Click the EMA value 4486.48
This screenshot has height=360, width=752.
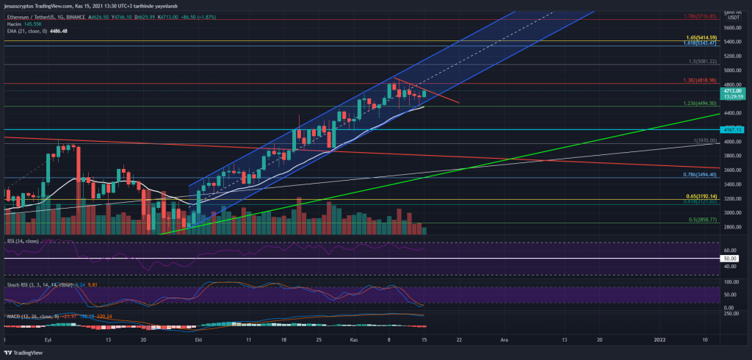coord(57,31)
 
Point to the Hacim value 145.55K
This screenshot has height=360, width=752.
coord(35,24)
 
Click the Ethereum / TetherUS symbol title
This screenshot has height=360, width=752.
coord(36,16)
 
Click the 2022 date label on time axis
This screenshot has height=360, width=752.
coord(660,341)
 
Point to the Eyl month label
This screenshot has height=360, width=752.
coord(49,341)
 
